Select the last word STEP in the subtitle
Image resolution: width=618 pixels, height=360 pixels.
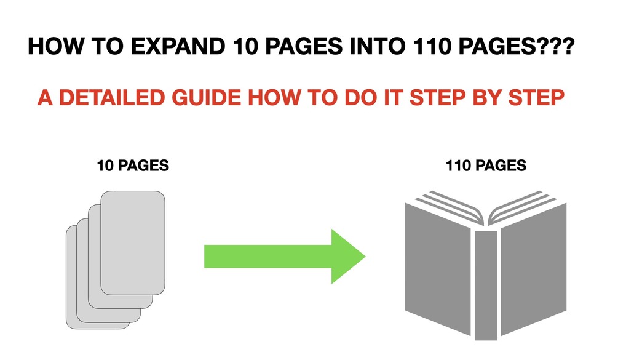tap(538, 98)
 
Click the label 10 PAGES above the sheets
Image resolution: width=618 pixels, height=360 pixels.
tap(133, 166)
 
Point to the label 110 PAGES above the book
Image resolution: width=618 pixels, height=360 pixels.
tap(486, 166)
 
